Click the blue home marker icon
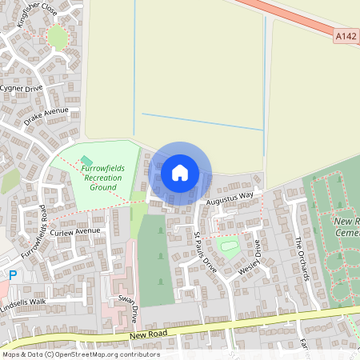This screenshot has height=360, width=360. click(x=180, y=172)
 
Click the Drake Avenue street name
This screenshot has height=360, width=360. click(x=46, y=117)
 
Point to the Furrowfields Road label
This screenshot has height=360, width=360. click(x=35, y=235)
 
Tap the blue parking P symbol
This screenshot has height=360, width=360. click(x=11, y=274)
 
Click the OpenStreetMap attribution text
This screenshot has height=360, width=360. click(x=80, y=354)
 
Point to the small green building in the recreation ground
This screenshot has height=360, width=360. click(x=86, y=162)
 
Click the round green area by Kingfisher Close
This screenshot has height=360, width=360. click(x=57, y=37)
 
